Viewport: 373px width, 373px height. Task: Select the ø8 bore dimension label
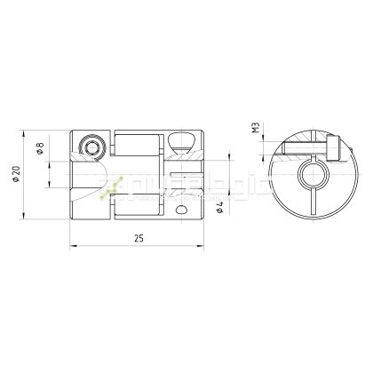coord(41,148)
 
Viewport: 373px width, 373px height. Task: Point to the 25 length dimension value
coord(139,238)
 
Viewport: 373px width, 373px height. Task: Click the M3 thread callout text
coord(256,128)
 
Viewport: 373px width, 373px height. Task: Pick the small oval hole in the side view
coord(182,211)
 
